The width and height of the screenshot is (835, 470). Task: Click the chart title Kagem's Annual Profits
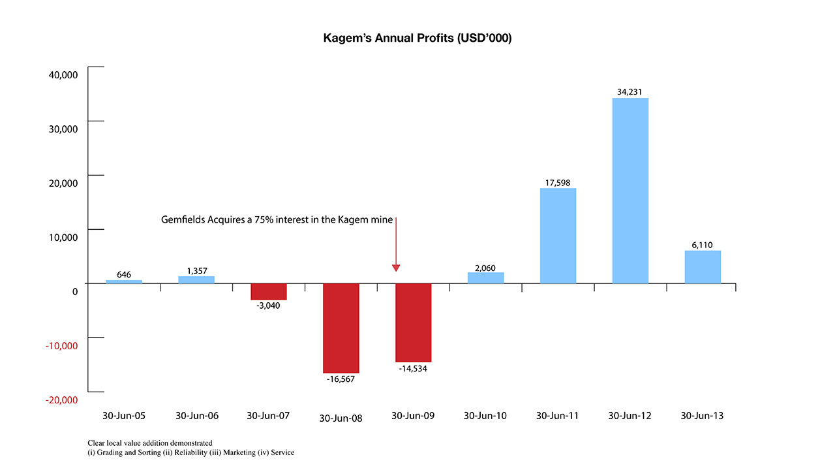click(x=417, y=39)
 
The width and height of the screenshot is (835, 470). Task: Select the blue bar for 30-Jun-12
click(x=630, y=191)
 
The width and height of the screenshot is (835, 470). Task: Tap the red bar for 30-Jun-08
click(x=341, y=328)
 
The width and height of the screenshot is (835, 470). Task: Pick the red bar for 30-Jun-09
click(x=413, y=322)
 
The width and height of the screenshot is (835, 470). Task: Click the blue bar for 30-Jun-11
click(x=558, y=236)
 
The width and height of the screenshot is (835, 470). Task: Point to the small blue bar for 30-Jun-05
click(x=124, y=281)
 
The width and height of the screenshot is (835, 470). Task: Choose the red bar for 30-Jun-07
click(x=269, y=291)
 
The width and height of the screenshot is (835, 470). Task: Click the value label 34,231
click(x=630, y=92)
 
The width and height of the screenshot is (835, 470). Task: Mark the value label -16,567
click(x=341, y=379)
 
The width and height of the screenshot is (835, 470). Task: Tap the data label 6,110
click(x=703, y=245)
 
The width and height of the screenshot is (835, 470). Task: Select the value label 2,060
click(x=485, y=266)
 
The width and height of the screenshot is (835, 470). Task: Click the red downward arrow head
click(x=395, y=268)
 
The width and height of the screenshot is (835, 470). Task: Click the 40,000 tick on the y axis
click(x=64, y=74)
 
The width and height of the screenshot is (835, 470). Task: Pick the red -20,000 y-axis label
click(x=62, y=399)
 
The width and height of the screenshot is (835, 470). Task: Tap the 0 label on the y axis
click(x=75, y=291)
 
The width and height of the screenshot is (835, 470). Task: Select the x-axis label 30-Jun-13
click(x=702, y=416)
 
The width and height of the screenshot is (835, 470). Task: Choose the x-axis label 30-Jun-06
click(x=197, y=416)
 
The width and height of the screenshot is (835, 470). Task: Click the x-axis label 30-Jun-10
click(x=485, y=416)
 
